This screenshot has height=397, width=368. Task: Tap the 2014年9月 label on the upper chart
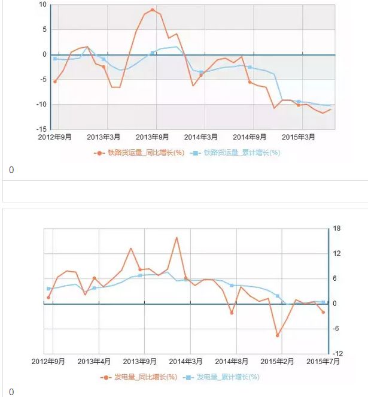(250, 137)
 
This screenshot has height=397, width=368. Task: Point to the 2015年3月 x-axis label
(299, 137)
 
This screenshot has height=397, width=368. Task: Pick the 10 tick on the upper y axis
(43, 5)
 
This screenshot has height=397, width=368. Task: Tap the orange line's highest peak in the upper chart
(153, 10)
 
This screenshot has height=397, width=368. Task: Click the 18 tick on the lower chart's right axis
(337, 229)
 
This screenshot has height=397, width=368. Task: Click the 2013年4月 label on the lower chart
(95, 362)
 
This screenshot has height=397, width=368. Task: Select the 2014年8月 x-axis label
(232, 362)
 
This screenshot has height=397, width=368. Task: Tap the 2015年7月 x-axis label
(324, 362)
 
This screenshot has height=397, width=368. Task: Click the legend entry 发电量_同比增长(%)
(139, 377)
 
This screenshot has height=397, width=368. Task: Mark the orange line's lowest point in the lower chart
(278, 335)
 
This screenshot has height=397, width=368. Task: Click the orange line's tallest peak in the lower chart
(177, 238)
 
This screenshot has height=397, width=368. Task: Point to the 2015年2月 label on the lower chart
(278, 362)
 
